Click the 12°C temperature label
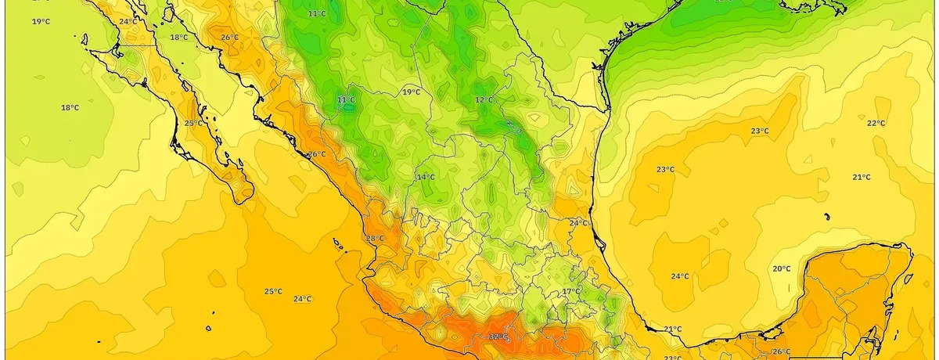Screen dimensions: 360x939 [x=484, y=100]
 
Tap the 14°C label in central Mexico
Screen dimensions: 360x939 [x=425, y=178]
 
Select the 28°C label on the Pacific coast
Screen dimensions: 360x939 [x=374, y=239]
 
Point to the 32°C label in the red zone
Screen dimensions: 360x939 [x=498, y=337]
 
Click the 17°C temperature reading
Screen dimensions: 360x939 [x=570, y=291]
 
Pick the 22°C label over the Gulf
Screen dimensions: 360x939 [x=876, y=124]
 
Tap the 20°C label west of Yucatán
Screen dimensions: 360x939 [x=781, y=269]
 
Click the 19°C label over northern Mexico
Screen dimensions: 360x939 [x=411, y=92]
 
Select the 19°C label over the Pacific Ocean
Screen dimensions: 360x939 [x=41, y=22]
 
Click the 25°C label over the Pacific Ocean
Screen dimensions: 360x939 [x=272, y=291]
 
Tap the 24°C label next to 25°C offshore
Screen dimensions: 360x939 [x=302, y=299]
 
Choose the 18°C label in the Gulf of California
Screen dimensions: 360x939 [x=179, y=38]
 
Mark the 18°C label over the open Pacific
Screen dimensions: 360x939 [x=70, y=108]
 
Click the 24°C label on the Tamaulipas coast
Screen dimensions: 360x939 [x=577, y=224]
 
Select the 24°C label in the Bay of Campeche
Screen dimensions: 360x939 [x=679, y=276]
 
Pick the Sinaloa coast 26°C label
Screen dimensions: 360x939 [x=316, y=154]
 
